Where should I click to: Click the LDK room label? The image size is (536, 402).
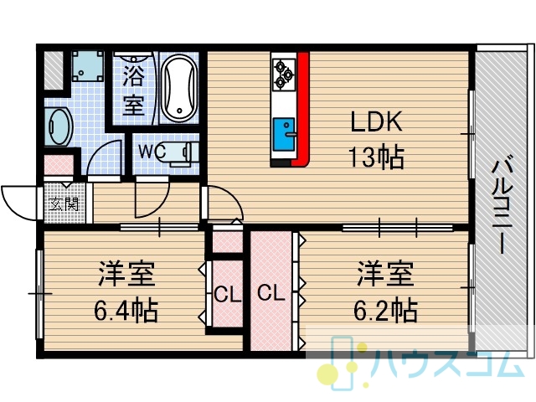pyautogui.click(x=377, y=121)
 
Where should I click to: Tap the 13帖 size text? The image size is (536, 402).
pyautogui.click(x=376, y=157)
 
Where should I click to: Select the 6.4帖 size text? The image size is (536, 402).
pyautogui.click(x=126, y=311)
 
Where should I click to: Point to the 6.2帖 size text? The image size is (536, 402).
pyautogui.click(x=385, y=310)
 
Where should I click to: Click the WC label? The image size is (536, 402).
pyautogui.click(x=152, y=151)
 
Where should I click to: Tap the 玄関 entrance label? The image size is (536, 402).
pyautogui.click(x=64, y=204)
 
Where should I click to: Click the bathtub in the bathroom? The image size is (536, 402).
pyautogui.click(x=179, y=87)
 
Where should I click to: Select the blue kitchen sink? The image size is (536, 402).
pyautogui.click(x=284, y=134)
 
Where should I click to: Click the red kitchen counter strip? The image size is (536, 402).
pyautogui.click(x=302, y=109)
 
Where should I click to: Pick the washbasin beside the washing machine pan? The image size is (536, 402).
pyautogui.click(x=59, y=126)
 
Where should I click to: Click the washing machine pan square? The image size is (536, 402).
pyautogui.click(x=87, y=66)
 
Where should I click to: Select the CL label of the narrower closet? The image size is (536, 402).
pyautogui.click(x=227, y=295)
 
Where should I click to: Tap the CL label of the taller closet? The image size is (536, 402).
pyautogui.click(x=271, y=293)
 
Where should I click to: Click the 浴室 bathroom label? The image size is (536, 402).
pyautogui.click(x=133, y=90)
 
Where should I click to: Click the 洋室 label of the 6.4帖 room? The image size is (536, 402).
pyautogui.click(x=126, y=274)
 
